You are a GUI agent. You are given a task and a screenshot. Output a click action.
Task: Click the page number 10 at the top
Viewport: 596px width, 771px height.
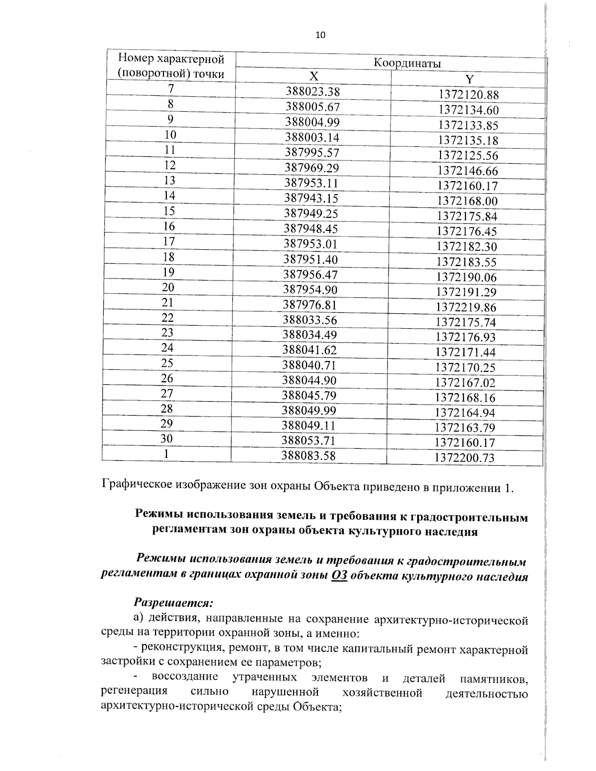(x=320, y=35)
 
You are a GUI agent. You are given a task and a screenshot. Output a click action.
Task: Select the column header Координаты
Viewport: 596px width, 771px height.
(x=407, y=64)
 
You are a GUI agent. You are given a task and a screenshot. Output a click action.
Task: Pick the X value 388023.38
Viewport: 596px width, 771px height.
(x=312, y=91)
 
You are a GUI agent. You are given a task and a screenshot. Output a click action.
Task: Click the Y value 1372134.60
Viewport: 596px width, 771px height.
(x=468, y=110)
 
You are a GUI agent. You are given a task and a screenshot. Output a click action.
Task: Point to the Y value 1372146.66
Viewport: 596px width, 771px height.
(x=467, y=171)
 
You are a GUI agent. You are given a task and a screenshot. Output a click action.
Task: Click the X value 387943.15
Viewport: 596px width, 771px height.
(x=311, y=198)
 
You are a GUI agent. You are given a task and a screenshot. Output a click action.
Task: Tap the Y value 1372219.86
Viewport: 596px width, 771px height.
(x=466, y=307)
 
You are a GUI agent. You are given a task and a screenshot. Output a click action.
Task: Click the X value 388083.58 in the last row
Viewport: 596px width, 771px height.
(x=309, y=455)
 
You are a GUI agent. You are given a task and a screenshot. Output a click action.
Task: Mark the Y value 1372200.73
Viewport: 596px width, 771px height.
(x=464, y=458)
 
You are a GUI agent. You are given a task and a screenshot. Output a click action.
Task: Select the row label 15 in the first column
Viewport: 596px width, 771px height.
(x=169, y=211)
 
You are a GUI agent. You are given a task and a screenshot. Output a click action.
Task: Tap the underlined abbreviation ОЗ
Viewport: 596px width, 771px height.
(x=339, y=577)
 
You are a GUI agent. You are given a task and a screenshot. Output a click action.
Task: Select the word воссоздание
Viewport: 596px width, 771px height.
(x=185, y=677)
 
